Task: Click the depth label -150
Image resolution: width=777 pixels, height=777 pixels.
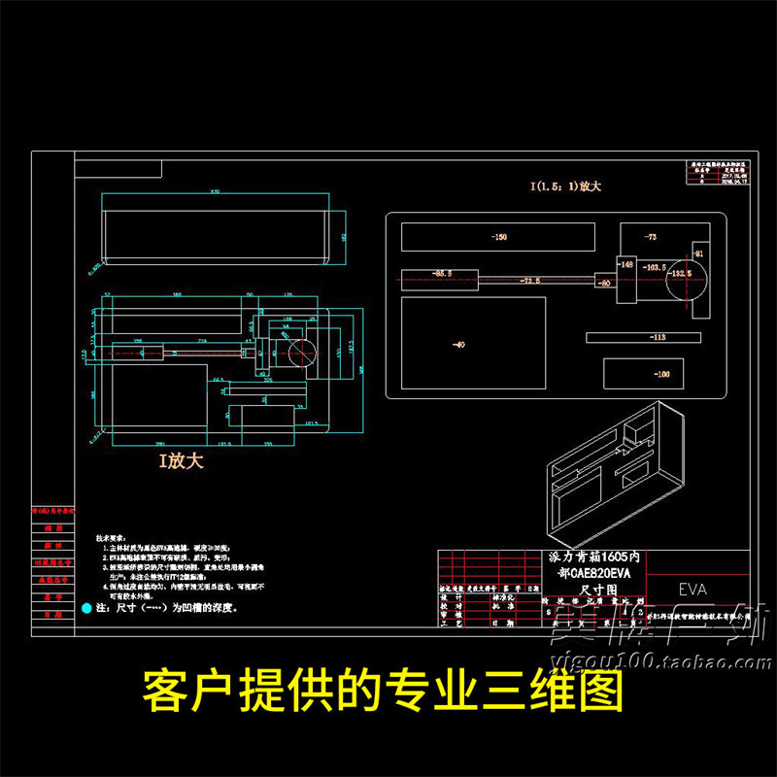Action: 499,237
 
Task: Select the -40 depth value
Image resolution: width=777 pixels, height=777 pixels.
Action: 458,344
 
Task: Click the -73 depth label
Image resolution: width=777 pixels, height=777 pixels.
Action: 650,237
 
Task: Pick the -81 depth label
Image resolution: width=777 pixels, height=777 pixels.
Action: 697,253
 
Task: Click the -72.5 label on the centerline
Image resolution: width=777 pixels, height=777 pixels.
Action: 529,281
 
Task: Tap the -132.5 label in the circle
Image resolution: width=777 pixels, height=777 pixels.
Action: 680,274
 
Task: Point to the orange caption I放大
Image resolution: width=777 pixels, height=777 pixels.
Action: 182,461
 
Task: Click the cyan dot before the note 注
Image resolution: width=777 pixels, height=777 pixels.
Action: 85,608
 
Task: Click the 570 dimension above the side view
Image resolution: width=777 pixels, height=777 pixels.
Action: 215,193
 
